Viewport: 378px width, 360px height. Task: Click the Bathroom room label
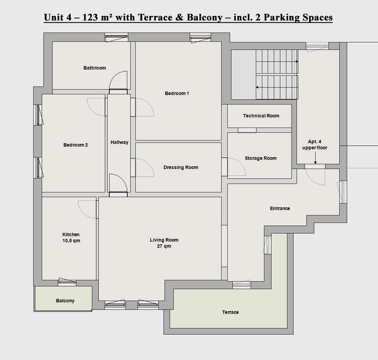click(x=95, y=68)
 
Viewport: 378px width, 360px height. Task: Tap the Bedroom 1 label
click(x=177, y=93)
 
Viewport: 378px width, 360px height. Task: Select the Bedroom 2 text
click(x=76, y=145)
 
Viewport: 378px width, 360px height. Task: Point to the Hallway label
click(x=119, y=142)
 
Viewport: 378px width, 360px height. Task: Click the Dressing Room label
click(x=181, y=167)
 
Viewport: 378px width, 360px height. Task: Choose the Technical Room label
click(x=261, y=116)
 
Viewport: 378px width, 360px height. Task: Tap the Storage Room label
click(x=261, y=158)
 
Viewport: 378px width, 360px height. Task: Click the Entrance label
click(x=280, y=209)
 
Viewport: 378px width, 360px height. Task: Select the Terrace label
click(x=230, y=312)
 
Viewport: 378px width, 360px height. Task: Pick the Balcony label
click(x=65, y=301)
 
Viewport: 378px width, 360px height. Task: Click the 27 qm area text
click(x=164, y=246)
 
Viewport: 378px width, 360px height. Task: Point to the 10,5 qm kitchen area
click(x=72, y=241)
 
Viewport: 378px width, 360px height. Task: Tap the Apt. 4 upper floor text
click(x=315, y=145)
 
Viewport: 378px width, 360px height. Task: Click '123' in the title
click(x=90, y=18)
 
